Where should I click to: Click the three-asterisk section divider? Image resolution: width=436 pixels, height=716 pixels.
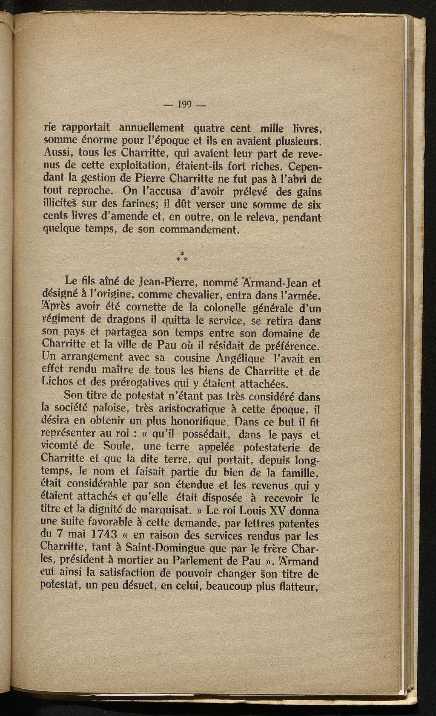(182, 257)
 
